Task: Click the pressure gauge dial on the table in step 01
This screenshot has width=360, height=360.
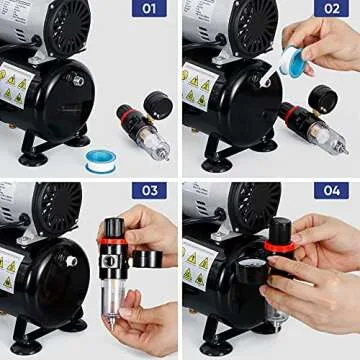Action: pos(157,104)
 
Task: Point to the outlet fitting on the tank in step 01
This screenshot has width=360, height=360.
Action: pos(77,80)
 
